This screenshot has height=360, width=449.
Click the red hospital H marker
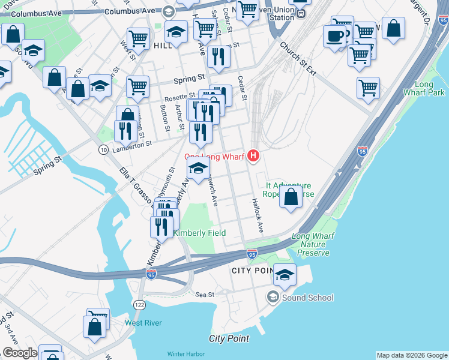[253, 157]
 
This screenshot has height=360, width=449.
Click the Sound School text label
[308, 298]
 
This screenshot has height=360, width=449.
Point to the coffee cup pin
[334, 36]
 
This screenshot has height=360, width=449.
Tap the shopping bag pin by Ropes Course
[291, 197]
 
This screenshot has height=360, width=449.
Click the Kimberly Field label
[199, 233]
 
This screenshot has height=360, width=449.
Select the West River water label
[143, 323]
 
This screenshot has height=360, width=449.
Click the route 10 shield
[104, 149]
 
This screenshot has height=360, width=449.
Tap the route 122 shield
[139, 305]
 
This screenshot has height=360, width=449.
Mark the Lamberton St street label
[132, 144]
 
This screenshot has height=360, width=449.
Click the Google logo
[20, 353]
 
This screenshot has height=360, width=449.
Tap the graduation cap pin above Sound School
[285, 275]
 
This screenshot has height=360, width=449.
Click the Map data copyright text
[411, 355]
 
